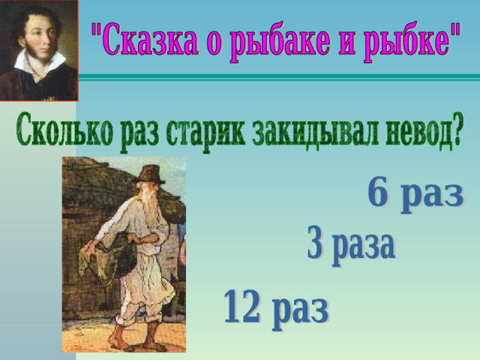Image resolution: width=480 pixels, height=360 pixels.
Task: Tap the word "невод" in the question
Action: (419, 130)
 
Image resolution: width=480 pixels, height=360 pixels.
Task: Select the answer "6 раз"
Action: (415, 196)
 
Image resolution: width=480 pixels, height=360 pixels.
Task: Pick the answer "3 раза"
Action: (351, 246)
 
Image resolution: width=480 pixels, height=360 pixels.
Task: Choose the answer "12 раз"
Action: (276, 310)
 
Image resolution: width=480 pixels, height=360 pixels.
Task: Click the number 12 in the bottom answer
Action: (241, 306)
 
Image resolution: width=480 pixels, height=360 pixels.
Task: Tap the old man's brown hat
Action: (150, 175)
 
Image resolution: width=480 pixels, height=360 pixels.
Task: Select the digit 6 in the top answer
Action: (378, 192)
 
